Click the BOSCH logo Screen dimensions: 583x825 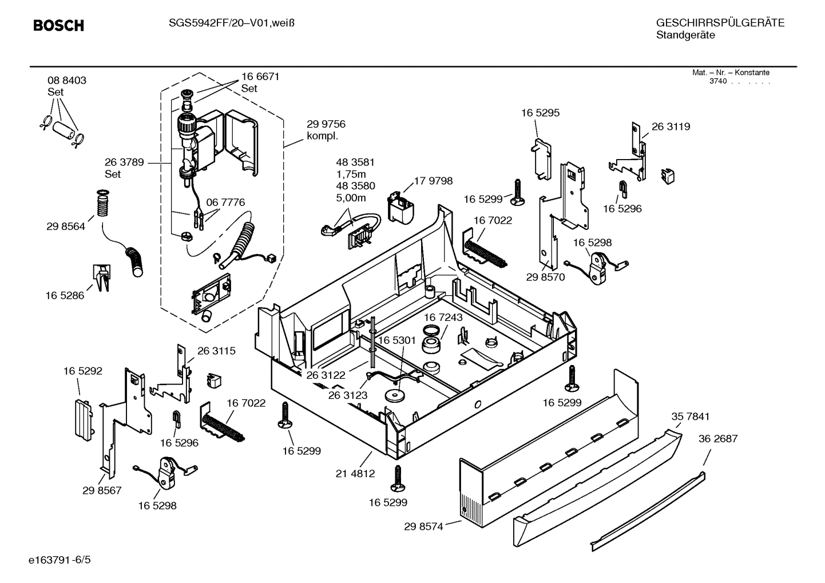point(58,26)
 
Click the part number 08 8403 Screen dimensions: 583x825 point(67,81)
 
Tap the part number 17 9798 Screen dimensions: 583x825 point(433,181)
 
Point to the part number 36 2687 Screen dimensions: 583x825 point(718,439)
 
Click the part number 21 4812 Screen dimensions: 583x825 point(355,473)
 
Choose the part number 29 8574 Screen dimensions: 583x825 point(423,527)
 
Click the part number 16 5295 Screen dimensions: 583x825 point(540,113)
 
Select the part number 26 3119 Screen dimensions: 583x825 point(671,126)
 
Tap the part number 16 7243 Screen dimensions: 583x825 point(443,317)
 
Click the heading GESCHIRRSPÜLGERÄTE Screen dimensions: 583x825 point(720,23)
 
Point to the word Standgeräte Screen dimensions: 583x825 point(685,35)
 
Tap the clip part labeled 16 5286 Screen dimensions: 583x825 point(100,277)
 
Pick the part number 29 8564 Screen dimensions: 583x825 point(66,227)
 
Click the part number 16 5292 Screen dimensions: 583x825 point(83,371)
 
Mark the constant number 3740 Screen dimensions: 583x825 point(718,81)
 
